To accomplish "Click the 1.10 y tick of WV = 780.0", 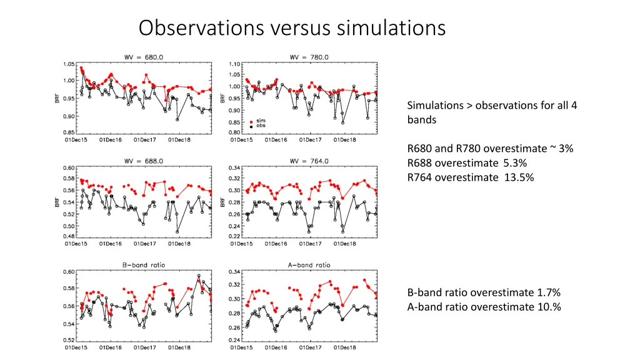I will click(x=234, y=64).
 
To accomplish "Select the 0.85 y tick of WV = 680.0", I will click(x=69, y=132).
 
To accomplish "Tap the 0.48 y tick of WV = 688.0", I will click(x=69, y=236).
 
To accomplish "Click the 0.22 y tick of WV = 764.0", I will click(x=234, y=236).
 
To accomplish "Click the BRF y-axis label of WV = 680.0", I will click(x=57, y=98).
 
